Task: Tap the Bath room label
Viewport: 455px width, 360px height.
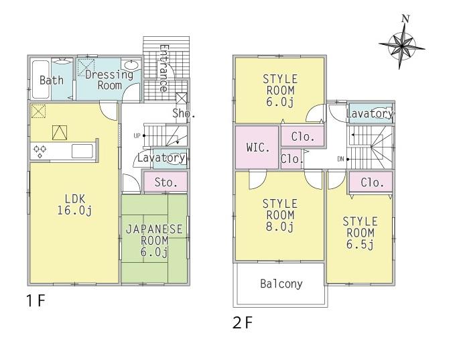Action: [52, 80]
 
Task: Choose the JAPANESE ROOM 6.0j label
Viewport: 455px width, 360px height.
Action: [154, 239]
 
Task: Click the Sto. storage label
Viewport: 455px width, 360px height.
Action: [166, 182]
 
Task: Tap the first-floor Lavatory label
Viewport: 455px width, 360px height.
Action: [161, 158]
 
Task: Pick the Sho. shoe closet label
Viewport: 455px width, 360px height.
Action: [183, 113]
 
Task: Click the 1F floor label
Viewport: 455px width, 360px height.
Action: [36, 300]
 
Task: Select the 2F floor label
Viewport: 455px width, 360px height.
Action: [242, 323]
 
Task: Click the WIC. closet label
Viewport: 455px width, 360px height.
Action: [258, 147]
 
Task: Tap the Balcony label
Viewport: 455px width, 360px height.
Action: [281, 284]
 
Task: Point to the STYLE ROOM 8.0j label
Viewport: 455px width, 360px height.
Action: [279, 215]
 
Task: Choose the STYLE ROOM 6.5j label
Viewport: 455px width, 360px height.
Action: [359, 232]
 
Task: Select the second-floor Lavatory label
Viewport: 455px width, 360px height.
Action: [369, 114]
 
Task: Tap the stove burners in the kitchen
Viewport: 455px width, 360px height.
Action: [40, 151]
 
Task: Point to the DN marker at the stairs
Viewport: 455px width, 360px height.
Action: [341, 159]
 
